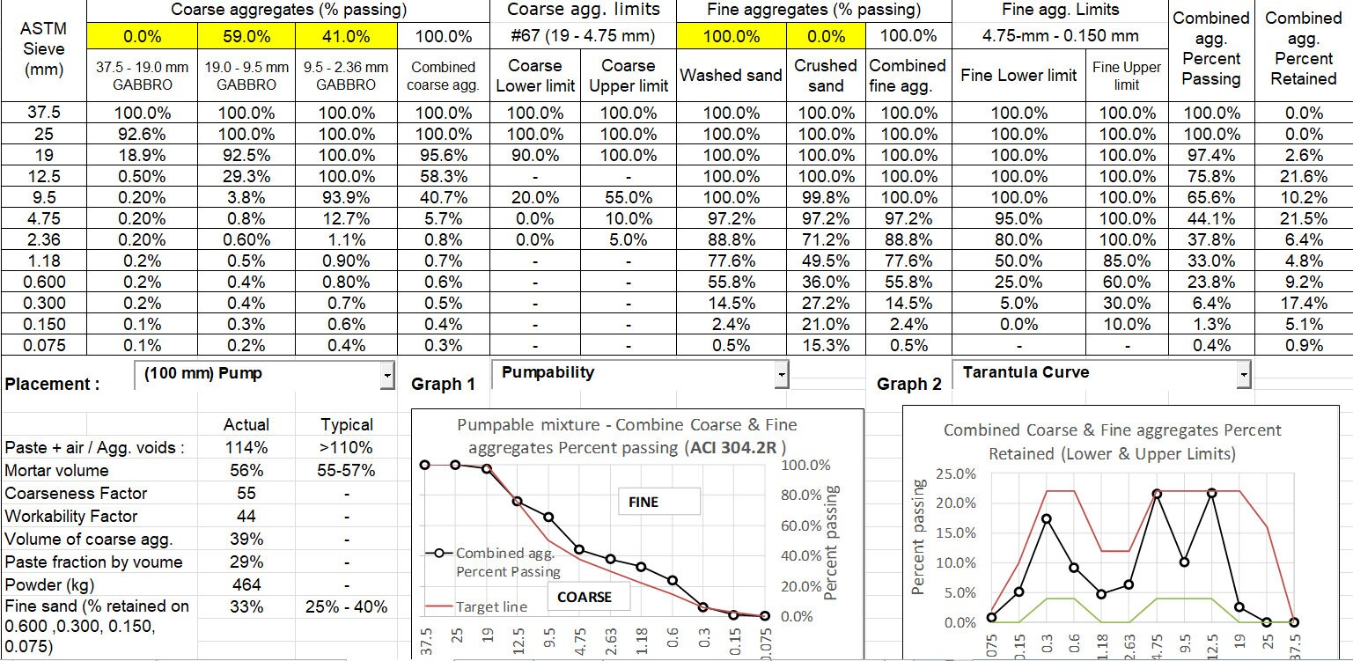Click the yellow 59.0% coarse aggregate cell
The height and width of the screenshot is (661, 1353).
pos(240,36)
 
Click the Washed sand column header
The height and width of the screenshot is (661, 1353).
pos(732,76)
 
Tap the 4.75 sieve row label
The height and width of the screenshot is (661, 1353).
pos(44,218)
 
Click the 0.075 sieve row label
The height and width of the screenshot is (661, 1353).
pos(44,345)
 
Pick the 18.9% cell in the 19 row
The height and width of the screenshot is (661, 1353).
pos(141,155)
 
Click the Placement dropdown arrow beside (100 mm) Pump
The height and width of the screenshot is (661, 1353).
pos(387,376)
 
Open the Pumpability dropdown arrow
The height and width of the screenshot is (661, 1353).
pos(781,375)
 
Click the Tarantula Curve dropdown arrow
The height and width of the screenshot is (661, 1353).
pos(1242,375)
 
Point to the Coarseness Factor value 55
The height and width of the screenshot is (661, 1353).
pos(246,494)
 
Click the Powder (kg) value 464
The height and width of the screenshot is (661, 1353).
pos(246,585)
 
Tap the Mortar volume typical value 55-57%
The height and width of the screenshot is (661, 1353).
pos(347,471)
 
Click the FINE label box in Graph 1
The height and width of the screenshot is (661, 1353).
pos(643,502)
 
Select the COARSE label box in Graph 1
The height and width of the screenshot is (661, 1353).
pos(584,597)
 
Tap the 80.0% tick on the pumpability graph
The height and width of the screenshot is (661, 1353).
pos(801,495)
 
